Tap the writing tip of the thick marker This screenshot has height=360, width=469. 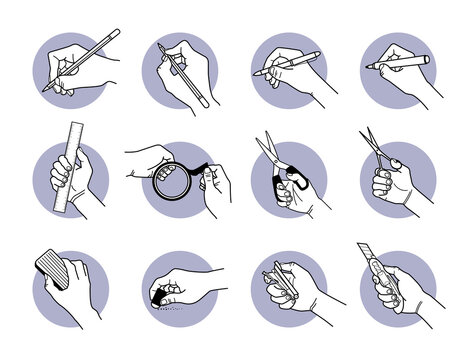(369, 67)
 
